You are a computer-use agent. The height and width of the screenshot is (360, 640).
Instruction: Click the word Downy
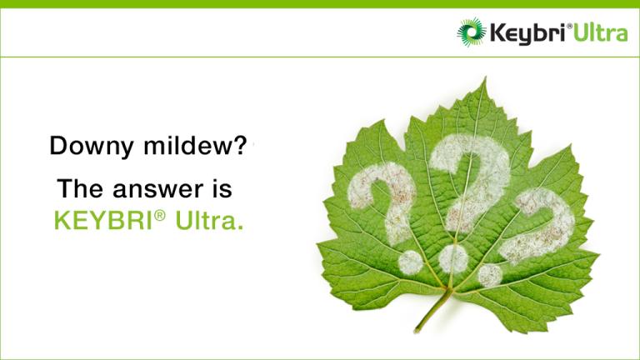click(92, 146)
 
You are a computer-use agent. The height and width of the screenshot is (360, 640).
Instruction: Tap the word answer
click(158, 189)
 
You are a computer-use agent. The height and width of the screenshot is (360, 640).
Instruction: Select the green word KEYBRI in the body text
click(103, 220)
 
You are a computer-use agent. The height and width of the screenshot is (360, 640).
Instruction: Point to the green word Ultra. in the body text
click(209, 220)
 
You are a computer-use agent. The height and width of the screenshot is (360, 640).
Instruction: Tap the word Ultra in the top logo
click(600, 32)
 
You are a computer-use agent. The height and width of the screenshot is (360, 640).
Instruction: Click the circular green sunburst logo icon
click(472, 32)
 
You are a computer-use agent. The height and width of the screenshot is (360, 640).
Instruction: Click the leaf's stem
click(432, 310)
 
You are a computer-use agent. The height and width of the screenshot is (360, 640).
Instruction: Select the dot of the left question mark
click(411, 262)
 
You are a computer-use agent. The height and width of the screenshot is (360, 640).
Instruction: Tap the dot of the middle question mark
click(453, 259)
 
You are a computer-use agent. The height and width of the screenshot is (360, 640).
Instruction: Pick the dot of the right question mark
click(490, 276)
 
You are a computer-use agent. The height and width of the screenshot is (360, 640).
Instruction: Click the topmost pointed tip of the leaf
click(485, 77)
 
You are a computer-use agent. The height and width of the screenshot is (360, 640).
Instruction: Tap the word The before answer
click(80, 188)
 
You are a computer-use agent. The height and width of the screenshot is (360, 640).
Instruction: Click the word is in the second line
click(222, 189)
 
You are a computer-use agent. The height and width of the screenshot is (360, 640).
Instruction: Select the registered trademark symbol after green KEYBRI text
click(160, 215)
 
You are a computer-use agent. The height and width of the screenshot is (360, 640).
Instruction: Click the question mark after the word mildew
click(240, 145)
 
